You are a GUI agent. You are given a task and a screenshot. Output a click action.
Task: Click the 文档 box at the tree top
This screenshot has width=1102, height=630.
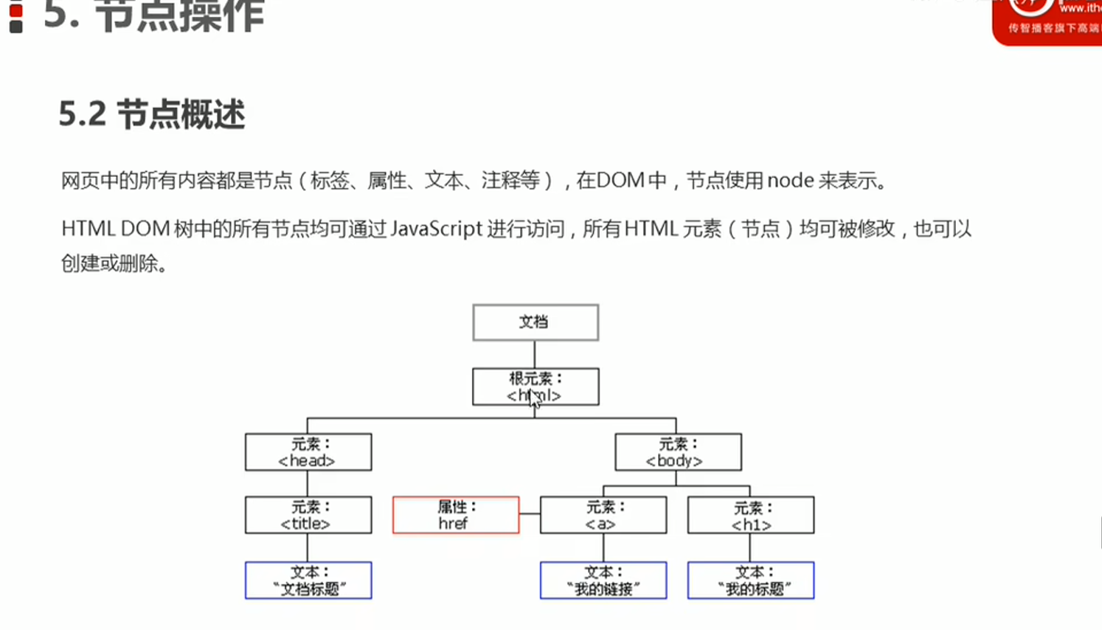(x=536, y=322)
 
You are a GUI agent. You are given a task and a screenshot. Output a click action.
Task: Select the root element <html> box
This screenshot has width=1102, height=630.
(x=536, y=387)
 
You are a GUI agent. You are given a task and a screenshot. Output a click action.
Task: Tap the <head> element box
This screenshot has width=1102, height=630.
(x=308, y=452)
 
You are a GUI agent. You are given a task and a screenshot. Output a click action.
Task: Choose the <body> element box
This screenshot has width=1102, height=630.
(x=678, y=452)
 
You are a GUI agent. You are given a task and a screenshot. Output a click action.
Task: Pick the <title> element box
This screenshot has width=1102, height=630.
(x=308, y=515)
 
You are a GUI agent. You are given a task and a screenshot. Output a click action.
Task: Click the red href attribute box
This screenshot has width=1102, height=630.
(x=456, y=515)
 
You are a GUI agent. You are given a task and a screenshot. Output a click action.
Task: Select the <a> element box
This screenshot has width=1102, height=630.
(x=603, y=515)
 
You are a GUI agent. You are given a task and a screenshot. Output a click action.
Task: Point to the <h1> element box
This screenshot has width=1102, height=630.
(x=751, y=515)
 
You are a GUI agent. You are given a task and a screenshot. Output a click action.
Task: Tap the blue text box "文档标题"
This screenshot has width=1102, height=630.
(x=308, y=581)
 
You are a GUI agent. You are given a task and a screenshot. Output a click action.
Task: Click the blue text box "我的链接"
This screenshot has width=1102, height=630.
(x=603, y=581)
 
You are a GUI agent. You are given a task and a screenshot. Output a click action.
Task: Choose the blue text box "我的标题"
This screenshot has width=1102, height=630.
(x=751, y=581)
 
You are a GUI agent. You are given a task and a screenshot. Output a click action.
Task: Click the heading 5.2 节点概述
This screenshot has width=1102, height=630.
(x=152, y=114)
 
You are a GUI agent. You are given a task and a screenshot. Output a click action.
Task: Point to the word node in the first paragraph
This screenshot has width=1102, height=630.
(x=790, y=181)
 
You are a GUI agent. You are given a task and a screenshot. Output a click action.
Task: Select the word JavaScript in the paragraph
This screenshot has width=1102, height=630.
(x=436, y=229)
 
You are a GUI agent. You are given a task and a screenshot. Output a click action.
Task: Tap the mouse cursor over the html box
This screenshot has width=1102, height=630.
(x=534, y=399)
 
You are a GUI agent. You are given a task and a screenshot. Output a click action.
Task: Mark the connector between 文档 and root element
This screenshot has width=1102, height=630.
(x=535, y=354)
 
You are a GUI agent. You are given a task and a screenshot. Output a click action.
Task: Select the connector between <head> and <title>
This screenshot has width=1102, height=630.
(x=308, y=483)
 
